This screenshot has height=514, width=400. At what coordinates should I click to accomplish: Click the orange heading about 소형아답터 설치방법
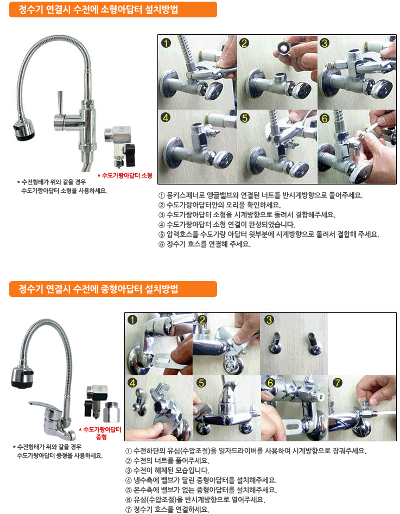click(x=113, y=10)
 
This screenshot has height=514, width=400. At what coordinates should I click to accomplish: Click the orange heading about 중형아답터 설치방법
click(x=113, y=289)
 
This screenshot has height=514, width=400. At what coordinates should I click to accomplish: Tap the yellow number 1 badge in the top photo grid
click(x=166, y=43)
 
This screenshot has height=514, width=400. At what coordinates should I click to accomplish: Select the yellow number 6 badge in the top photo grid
click(x=325, y=118)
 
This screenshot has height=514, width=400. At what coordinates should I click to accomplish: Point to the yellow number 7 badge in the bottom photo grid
click(x=338, y=383)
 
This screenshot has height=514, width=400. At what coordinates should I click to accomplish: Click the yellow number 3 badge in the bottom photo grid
click(x=269, y=320)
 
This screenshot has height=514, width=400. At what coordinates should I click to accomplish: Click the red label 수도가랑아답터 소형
click(x=125, y=175)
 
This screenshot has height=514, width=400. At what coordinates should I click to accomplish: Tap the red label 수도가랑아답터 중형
click(x=100, y=433)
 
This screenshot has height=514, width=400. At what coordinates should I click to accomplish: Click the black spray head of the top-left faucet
click(x=23, y=130)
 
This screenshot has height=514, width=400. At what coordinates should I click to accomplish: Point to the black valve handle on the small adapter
click(x=130, y=154)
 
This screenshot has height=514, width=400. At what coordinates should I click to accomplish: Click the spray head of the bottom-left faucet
click(x=22, y=377)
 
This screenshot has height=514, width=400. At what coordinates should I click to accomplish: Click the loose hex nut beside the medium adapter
click(x=111, y=413)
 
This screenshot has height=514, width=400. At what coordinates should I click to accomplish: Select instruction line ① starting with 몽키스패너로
click(x=261, y=195)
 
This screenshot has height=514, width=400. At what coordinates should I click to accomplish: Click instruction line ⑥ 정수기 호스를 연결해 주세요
click(x=204, y=244)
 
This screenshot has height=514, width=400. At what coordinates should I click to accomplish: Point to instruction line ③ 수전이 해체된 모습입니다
click(x=167, y=471)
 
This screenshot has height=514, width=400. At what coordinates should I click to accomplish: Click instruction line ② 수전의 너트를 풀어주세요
click(x=167, y=461)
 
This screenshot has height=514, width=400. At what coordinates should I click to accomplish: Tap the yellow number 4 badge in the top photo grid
click(x=166, y=117)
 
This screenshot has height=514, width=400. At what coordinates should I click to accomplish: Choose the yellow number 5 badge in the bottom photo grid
click(x=201, y=383)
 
